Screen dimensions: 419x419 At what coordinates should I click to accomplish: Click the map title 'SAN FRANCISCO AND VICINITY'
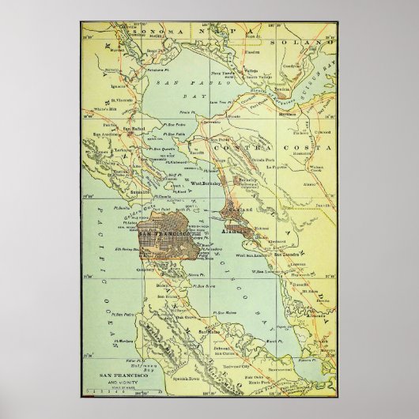point(120,377)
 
